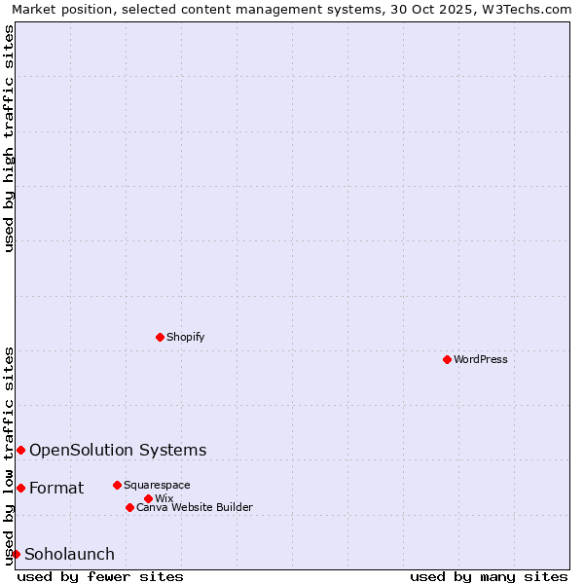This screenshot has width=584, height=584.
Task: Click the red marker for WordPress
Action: (447, 359)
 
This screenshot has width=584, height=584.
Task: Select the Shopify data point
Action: (160, 337)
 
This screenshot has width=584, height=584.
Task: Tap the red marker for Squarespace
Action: (117, 485)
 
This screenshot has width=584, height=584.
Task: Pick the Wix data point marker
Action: (148, 498)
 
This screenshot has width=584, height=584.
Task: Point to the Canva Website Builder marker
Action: (129, 507)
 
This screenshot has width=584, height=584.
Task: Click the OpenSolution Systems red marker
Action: (20, 450)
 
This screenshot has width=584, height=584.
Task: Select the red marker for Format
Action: (20, 488)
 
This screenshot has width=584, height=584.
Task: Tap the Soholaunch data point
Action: (16, 554)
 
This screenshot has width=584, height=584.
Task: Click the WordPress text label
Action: (481, 359)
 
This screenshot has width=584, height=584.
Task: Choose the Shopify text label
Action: (185, 337)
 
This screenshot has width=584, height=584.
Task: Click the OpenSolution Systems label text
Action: (118, 450)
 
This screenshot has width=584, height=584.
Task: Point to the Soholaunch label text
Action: (69, 555)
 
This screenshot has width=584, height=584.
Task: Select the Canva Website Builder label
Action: (195, 507)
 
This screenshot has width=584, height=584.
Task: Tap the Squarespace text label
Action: (157, 485)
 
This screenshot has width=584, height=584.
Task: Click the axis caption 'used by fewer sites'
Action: (100, 576)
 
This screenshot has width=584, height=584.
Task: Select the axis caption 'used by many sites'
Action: (489, 576)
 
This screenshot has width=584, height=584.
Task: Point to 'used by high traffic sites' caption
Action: (9, 138)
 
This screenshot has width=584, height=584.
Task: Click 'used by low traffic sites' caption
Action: (9, 455)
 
